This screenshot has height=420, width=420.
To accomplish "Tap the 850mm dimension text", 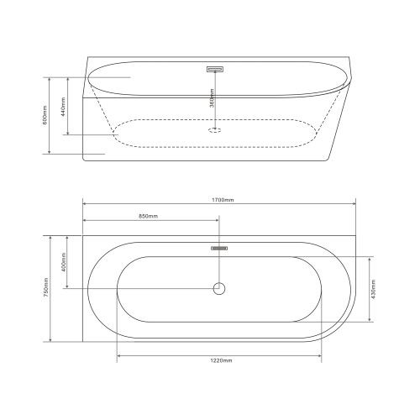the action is [149, 216].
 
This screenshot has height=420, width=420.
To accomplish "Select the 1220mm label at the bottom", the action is [221, 360].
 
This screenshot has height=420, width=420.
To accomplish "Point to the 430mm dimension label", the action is [374, 290].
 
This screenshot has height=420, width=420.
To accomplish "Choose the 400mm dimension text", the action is [63, 262].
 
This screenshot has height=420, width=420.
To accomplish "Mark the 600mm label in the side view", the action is [46, 115].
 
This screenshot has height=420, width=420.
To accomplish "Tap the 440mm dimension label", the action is [63, 107].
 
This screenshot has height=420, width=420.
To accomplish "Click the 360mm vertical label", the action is [213, 98].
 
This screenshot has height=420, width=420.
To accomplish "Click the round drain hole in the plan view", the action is [219, 288].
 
